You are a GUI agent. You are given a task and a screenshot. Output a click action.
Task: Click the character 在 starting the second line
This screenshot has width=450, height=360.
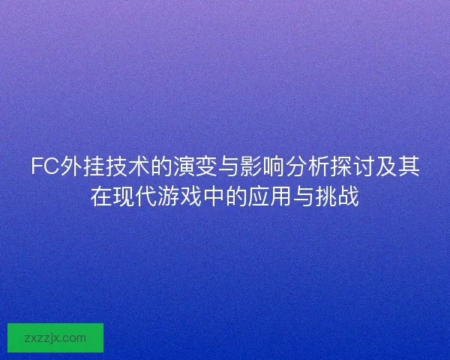(x=101, y=197)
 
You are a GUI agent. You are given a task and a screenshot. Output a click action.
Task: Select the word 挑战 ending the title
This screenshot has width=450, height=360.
(x=337, y=197)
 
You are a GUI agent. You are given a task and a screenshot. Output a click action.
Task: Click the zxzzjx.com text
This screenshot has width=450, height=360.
(x=55, y=337)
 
